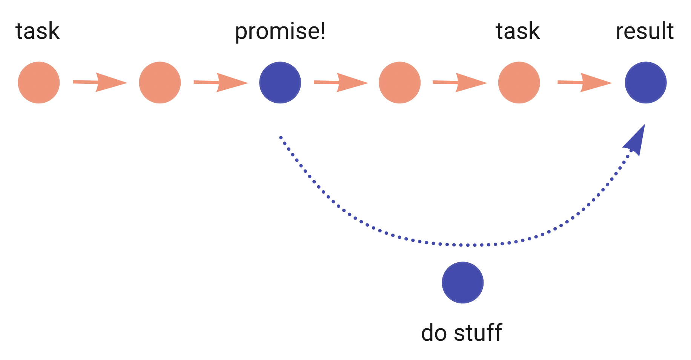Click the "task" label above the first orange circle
(x=37, y=31)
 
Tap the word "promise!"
(x=280, y=32)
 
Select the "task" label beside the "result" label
(x=517, y=31)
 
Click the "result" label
(x=645, y=31)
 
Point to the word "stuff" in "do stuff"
(x=478, y=333)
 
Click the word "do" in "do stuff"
(x=434, y=333)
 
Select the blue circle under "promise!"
(x=280, y=83)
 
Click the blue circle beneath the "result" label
(x=645, y=83)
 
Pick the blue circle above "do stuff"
(x=462, y=283)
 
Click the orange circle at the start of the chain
(x=39, y=83)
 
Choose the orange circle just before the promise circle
(x=160, y=83)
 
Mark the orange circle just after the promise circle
(x=399, y=83)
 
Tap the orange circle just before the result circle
(x=519, y=83)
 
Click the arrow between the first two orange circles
(x=100, y=82)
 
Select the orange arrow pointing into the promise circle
(x=221, y=82)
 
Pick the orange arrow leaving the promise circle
(x=341, y=82)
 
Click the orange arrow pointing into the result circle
(x=584, y=82)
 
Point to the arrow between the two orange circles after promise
(x=459, y=82)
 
